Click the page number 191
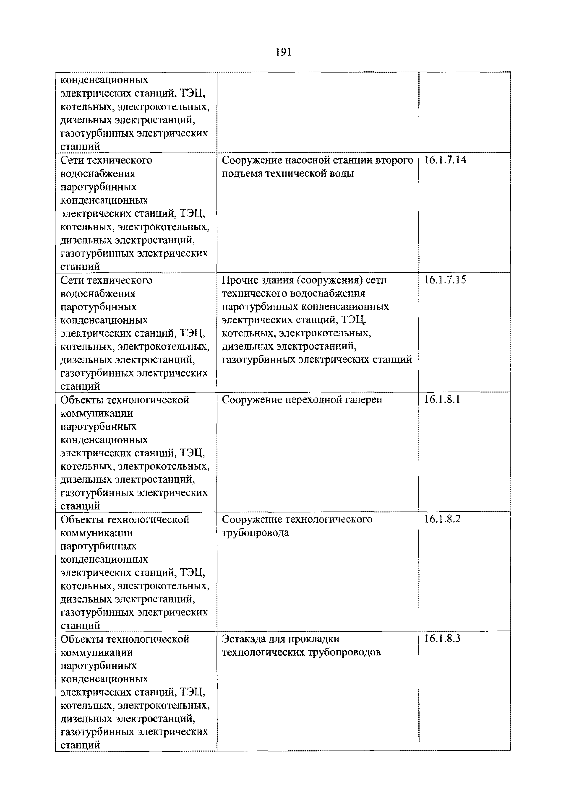click(x=283, y=52)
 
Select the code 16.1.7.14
click(x=445, y=160)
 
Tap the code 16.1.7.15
click(x=445, y=280)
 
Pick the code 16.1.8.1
click(x=442, y=399)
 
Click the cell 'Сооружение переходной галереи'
click(x=302, y=400)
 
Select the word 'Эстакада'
click(x=244, y=639)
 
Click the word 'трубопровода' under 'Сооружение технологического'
click(x=256, y=533)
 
